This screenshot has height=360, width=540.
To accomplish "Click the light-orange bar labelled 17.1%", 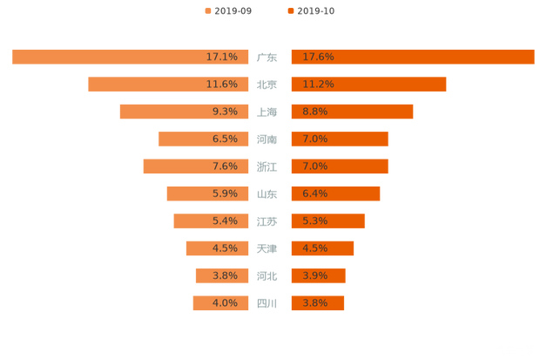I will tap(131, 57).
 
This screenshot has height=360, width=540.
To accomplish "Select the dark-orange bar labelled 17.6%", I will tap(413, 57).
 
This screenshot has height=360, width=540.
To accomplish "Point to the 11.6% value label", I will tap(222, 85).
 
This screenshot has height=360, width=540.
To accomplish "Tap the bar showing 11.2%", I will tap(368, 85).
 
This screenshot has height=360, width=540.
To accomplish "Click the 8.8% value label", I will tap(315, 112).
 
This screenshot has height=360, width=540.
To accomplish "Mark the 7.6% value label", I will tap(225, 166).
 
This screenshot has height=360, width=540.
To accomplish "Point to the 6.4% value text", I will tap(315, 194).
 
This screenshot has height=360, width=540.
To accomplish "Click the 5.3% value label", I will tap(315, 221).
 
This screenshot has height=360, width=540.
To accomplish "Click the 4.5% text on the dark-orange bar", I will tap(315, 248).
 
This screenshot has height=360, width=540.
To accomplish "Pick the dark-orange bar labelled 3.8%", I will tap(318, 303).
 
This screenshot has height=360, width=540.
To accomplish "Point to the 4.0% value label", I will tap(225, 303).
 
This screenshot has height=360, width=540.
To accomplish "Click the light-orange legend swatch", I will tap(207, 11).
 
